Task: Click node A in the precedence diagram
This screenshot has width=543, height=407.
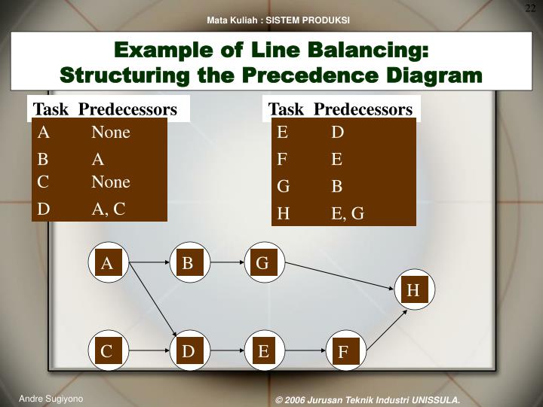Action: pos(107,263)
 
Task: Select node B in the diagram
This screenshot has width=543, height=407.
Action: pos(188,263)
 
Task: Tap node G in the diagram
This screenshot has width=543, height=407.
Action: pos(262,263)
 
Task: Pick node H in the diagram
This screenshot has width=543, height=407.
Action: pos(413,290)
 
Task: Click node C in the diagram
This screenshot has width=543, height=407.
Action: pos(107,351)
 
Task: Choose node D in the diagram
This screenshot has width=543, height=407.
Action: pos(188,351)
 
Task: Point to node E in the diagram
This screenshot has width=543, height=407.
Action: pos(263,351)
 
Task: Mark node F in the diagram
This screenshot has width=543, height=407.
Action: pos(343,352)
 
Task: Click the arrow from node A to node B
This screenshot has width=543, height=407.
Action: pos(147,263)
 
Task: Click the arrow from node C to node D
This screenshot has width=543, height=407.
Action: pos(147,351)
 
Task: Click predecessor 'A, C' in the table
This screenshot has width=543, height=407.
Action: pos(109,209)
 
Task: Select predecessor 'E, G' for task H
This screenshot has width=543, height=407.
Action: pos(348,213)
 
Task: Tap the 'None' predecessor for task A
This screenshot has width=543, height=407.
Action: pos(111,133)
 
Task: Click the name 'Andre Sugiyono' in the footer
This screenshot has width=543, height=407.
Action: pos(51,399)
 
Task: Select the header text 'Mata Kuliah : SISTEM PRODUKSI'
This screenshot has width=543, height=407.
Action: pos(279,20)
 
